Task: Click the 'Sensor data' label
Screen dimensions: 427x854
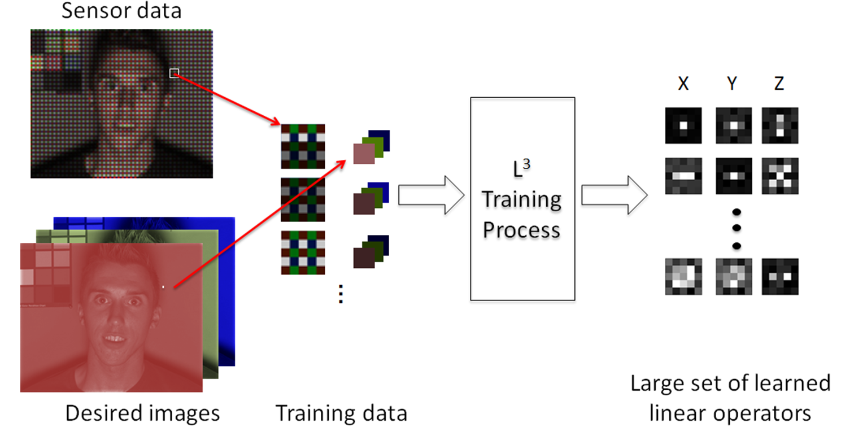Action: tap(121, 11)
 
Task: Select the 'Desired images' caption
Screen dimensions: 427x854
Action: tap(142, 413)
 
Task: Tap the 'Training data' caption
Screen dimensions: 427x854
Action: tap(341, 413)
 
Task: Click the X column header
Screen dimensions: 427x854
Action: tap(683, 84)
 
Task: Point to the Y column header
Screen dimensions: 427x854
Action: tap(732, 84)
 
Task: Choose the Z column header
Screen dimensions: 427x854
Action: tap(779, 84)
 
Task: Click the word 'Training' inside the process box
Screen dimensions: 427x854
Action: tap(521, 200)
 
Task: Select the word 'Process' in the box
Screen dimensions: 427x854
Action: tap(521, 230)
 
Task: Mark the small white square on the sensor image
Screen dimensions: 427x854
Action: tap(174, 73)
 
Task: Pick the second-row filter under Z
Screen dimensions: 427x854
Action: tap(779, 175)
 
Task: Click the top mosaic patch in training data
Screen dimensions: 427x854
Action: tap(303, 146)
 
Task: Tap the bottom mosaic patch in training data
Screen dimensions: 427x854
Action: tap(303, 252)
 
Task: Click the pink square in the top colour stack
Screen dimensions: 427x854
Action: tap(364, 153)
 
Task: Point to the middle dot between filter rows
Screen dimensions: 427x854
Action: tap(735, 229)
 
